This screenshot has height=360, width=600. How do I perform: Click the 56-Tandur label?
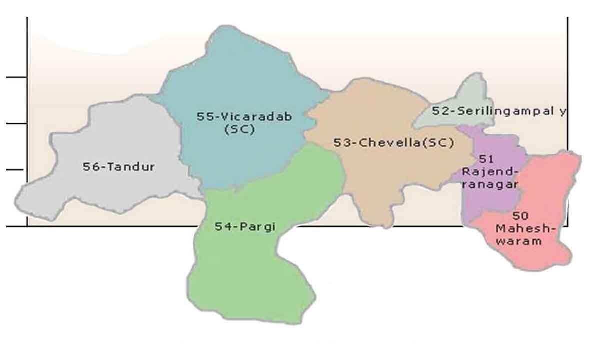[118, 167]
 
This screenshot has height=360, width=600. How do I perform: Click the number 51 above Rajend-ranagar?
[486, 159]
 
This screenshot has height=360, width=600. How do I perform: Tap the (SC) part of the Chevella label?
[438, 143]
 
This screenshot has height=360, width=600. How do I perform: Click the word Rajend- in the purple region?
[490, 171]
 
